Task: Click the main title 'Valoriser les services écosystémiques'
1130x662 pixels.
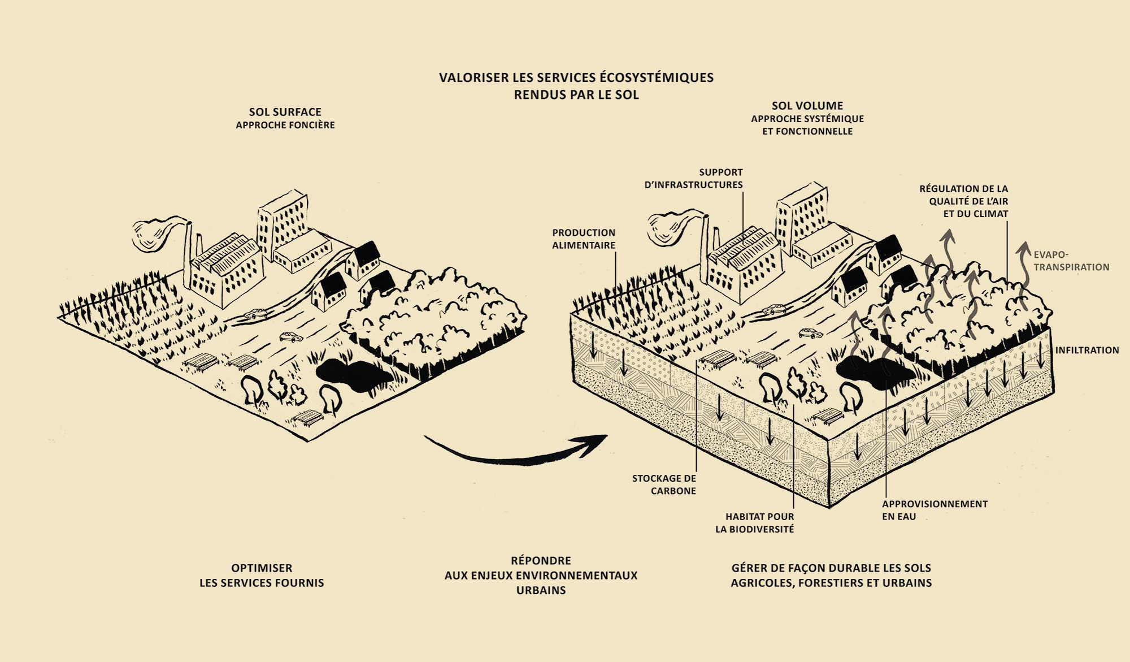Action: point(576,77)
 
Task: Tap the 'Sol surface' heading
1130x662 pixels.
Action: point(285,112)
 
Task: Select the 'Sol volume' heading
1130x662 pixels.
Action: point(807,106)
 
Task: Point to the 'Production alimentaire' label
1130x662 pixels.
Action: point(584,239)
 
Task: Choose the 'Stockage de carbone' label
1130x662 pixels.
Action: point(664,484)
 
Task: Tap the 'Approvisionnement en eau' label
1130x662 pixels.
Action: point(935,509)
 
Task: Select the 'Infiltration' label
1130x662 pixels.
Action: point(1086,350)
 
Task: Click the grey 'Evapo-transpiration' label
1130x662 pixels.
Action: point(1071,261)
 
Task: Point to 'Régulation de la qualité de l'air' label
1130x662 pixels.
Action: point(963,201)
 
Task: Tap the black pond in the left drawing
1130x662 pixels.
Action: point(351,374)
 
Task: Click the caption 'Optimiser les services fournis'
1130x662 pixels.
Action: point(262,575)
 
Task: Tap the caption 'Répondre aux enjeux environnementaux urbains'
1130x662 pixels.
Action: point(541,575)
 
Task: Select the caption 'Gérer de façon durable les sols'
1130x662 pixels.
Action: point(831,575)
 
